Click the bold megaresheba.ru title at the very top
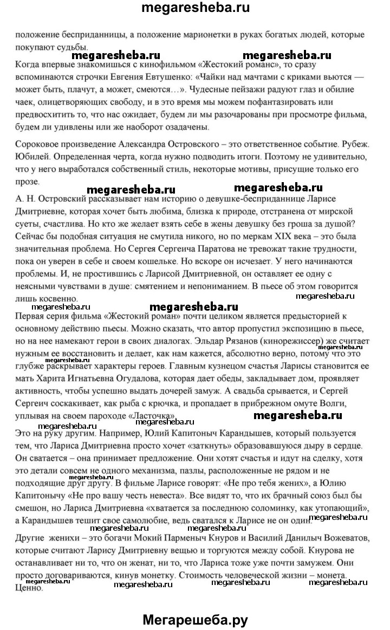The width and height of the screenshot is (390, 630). point(196,9)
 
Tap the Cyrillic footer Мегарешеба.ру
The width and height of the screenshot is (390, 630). point(196,606)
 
